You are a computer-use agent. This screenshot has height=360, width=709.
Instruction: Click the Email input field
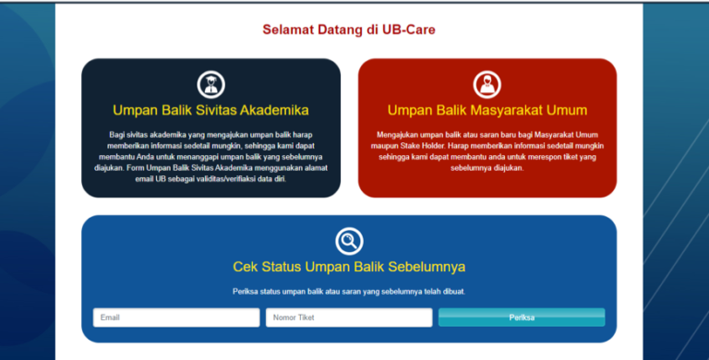(175, 318)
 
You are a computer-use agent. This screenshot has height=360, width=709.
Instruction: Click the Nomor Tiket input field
(349, 318)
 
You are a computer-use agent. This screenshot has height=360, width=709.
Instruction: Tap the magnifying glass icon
(349, 241)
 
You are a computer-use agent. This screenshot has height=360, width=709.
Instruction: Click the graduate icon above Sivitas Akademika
(210, 84)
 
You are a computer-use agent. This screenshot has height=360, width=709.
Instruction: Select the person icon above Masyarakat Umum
(487, 84)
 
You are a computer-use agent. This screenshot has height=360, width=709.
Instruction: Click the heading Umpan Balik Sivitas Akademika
(210, 110)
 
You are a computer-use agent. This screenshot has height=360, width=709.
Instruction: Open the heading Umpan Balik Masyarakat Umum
(487, 110)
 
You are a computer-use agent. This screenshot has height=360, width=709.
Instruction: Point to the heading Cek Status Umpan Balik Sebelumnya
(349, 267)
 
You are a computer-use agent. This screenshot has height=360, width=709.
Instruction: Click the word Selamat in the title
(289, 30)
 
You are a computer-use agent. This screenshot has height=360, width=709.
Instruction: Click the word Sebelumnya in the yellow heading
(425, 267)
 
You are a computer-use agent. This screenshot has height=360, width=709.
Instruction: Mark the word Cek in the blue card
(246, 267)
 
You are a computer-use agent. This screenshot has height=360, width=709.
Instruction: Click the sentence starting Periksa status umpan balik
(349, 292)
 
